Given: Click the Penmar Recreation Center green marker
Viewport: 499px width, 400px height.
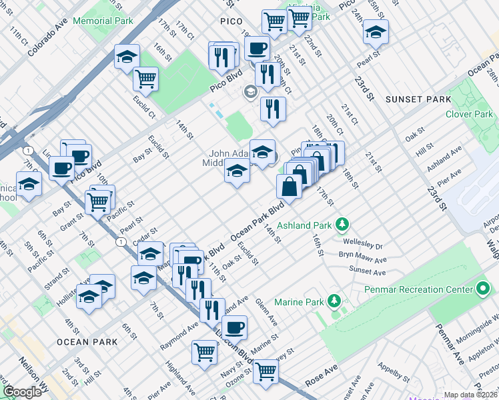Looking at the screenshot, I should click(x=484, y=289).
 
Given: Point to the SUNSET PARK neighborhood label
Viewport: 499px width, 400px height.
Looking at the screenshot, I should click(x=419, y=99).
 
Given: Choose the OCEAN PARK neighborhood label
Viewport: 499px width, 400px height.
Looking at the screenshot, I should click(x=87, y=342).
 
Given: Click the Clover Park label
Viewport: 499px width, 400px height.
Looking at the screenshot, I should click(x=469, y=114).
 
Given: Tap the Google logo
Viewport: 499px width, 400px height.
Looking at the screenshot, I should click(x=22, y=392).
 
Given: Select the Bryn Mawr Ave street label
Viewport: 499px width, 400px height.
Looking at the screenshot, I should click(x=362, y=259).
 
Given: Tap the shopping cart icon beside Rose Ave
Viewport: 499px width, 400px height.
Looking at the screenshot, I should click(x=266, y=371).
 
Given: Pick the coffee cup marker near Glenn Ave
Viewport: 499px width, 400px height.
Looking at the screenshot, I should click(x=234, y=327).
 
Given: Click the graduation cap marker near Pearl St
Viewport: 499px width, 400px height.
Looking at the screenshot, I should click(x=376, y=31).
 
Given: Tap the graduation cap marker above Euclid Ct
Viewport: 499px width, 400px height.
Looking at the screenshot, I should click(x=126, y=57).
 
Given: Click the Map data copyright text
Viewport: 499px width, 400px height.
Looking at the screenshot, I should click(x=471, y=395).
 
